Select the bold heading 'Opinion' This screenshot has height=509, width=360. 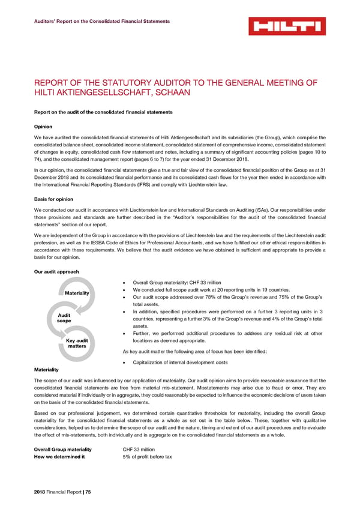point(44,127)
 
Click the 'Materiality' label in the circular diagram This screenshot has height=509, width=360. point(77,293)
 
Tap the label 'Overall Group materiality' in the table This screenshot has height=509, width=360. point(63,449)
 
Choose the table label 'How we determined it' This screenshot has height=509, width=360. point(59,457)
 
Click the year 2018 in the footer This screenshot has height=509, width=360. point(41,492)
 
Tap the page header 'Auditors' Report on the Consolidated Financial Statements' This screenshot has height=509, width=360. point(101,22)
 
